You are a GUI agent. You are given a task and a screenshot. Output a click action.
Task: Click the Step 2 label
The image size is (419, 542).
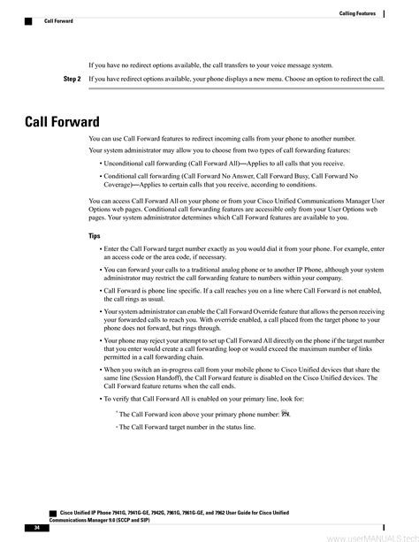72,79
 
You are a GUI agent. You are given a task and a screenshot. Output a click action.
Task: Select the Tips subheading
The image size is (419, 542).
95,236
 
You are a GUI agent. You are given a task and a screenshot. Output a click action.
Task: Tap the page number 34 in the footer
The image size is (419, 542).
38,527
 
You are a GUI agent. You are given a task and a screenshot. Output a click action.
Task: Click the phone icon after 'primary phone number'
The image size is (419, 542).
286,413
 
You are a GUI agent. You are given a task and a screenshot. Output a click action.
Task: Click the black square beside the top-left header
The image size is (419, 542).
28,19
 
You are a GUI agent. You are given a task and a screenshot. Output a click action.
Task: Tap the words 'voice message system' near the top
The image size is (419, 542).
296,65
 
